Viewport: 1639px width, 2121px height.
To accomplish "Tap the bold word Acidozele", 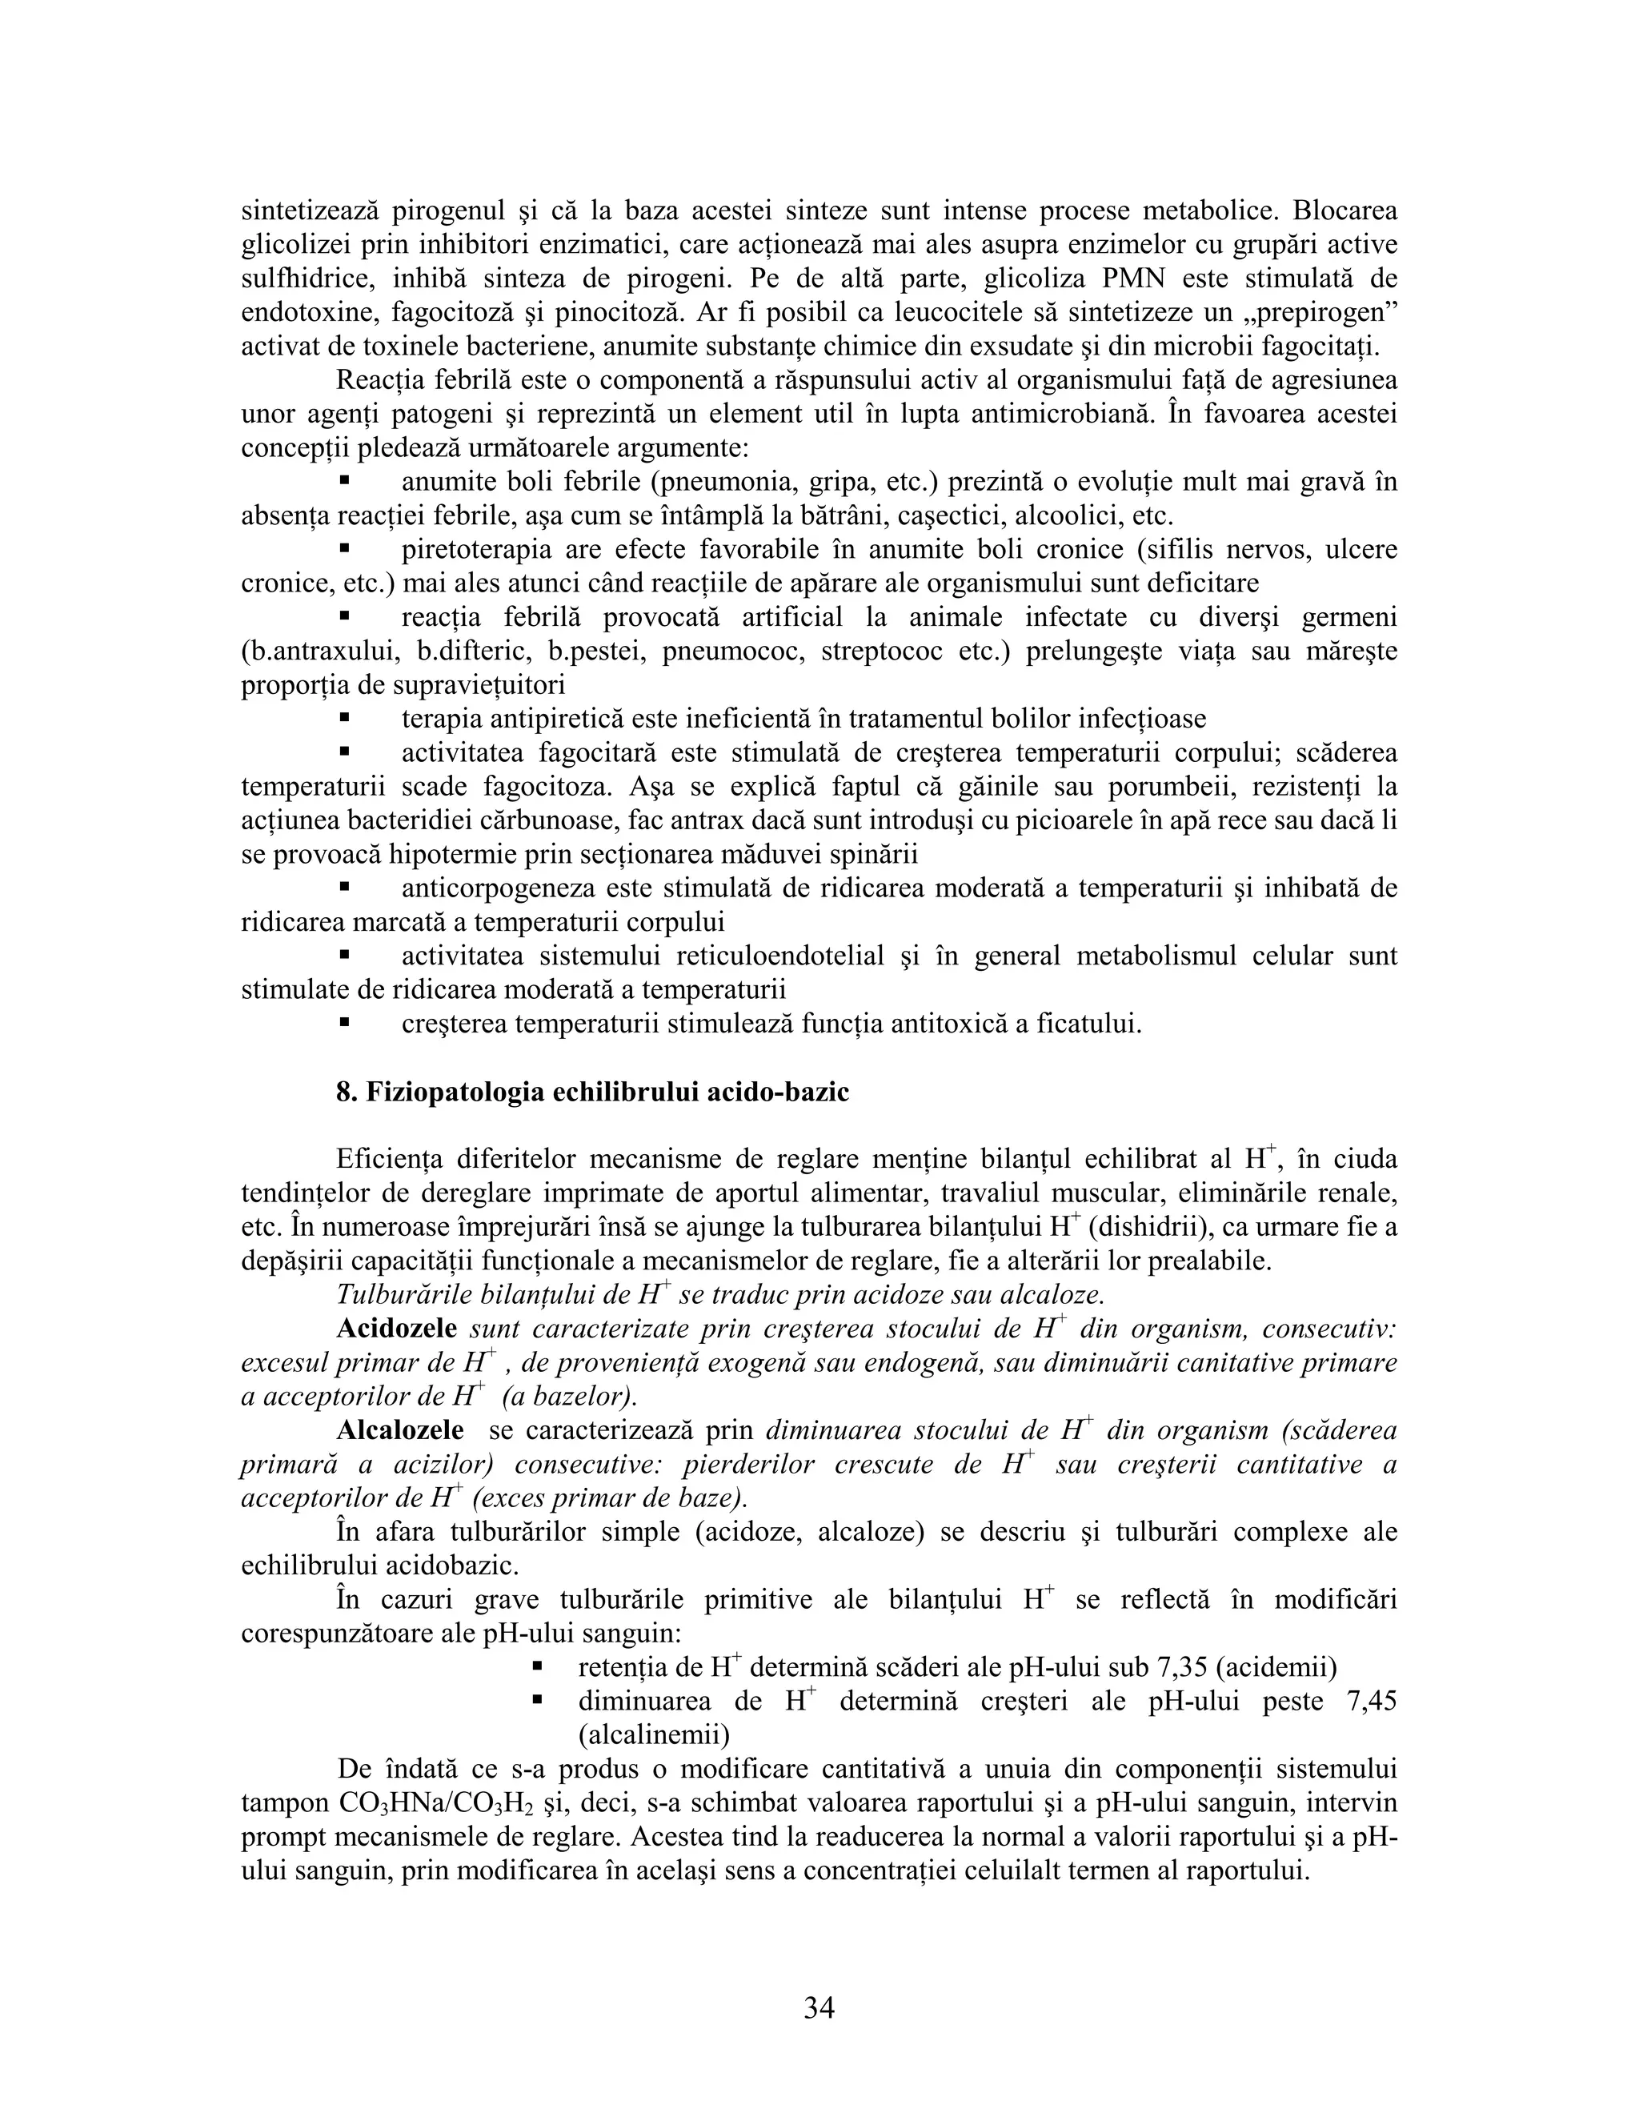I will [x=396, y=1329].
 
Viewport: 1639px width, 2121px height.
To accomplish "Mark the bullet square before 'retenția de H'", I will [x=536, y=1667].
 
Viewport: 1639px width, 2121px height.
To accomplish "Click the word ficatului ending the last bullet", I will [x=1084, y=1024].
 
